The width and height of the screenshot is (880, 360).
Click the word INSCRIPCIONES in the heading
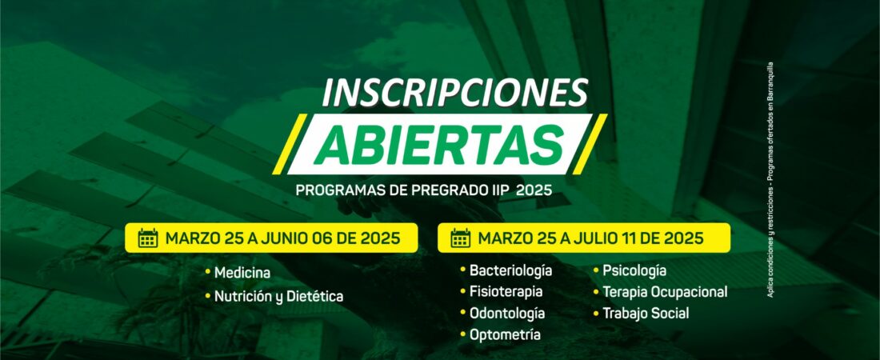click(x=454, y=93)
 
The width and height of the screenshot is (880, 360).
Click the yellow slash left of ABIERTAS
click(x=290, y=144)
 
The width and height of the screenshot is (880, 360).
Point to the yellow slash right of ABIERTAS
click(x=590, y=144)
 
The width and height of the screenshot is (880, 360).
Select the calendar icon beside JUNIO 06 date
click(x=148, y=238)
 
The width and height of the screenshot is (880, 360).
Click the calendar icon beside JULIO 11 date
click(x=461, y=238)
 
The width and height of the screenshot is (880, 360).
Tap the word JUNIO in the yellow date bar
click(x=283, y=238)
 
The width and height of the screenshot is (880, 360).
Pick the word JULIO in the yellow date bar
click(x=594, y=238)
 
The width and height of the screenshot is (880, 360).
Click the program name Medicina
click(x=242, y=273)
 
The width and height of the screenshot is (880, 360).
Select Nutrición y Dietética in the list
click(x=278, y=296)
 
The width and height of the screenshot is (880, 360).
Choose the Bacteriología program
click(x=510, y=270)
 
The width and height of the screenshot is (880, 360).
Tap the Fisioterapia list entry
click(x=506, y=292)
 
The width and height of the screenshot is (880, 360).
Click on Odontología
click(x=507, y=314)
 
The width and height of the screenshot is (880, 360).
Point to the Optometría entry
click(x=505, y=334)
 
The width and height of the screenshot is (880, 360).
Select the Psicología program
click(x=634, y=270)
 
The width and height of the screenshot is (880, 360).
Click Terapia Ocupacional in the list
click(x=665, y=292)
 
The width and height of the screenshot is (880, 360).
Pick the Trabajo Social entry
click(x=646, y=314)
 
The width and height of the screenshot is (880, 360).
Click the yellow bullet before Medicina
click(x=208, y=272)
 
